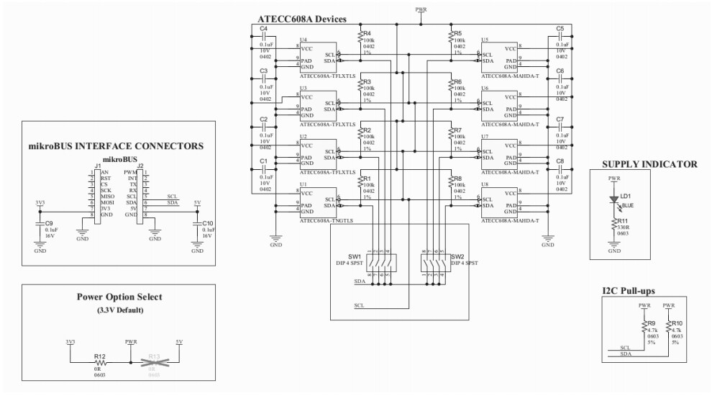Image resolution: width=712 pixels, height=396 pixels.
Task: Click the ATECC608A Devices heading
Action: pos(301,19)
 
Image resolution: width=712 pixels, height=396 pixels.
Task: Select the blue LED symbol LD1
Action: pos(613,199)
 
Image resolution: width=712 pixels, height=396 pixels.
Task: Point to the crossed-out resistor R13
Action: pos(153,362)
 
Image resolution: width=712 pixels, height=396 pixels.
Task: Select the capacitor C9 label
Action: pos(50,223)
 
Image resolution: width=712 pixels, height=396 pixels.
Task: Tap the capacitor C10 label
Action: pos(208,223)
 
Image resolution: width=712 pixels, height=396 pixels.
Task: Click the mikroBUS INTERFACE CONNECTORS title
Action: pos(115,146)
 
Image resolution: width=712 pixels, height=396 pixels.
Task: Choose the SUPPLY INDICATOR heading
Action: pos(649,164)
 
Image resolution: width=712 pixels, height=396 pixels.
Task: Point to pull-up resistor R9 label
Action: pos(652,324)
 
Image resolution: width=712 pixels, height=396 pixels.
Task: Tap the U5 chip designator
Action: pos(485,40)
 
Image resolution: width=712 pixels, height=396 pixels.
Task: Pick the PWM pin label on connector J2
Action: pos(130,172)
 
